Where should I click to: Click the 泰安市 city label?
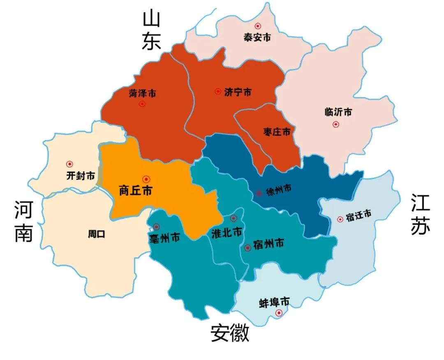(257, 37)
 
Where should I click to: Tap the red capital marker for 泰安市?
(258, 26)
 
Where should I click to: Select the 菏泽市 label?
(142, 93)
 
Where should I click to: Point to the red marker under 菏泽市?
(142, 104)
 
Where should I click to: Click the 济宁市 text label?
(238, 92)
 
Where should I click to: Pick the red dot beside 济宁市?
(218, 91)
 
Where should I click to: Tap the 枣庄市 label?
(277, 132)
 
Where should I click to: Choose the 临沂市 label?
(338, 112)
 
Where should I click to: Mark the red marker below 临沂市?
(336, 124)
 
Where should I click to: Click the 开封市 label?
(81, 176)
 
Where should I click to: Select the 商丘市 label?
(135, 190)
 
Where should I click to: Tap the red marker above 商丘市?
(146, 179)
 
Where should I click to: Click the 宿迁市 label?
(358, 215)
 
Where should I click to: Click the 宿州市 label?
(269, 244)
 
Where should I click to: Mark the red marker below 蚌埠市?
(279, 313)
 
